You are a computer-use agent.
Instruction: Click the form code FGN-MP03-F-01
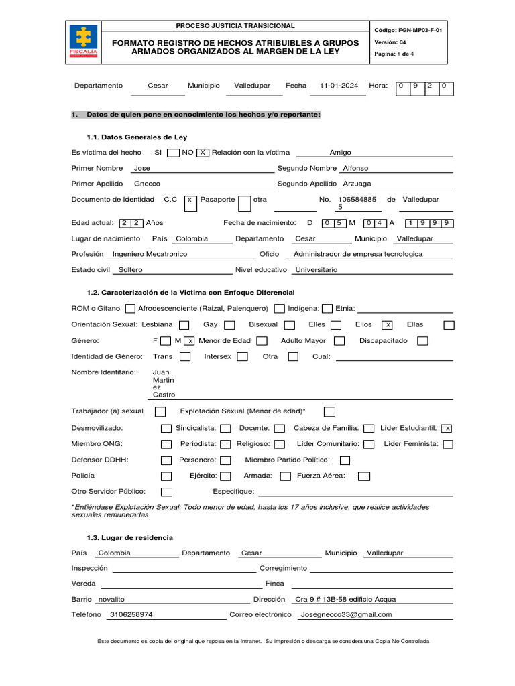(412, 31)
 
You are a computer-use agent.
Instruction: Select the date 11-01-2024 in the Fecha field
(339, 86)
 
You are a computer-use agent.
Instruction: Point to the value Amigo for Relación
(340, 153)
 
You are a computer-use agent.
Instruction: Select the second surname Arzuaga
(356, 184)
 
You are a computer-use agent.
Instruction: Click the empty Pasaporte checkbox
(245, 202)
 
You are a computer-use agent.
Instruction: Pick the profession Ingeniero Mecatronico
(150, 255)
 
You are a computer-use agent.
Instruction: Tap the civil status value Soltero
(130, 270)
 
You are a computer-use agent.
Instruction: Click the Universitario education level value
(317, 270)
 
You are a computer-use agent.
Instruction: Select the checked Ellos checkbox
(387, 325)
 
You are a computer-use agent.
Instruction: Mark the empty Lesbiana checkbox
(184, 325)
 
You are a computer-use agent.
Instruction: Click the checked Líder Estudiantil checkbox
(447, 429)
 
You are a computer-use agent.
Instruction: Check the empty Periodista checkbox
(226, 444)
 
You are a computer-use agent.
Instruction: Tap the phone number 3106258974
(131, 615)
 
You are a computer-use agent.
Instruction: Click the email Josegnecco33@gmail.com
(347, 615)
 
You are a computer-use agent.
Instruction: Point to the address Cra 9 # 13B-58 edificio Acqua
(350, 600)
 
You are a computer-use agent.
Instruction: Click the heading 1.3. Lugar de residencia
(129, 538)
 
